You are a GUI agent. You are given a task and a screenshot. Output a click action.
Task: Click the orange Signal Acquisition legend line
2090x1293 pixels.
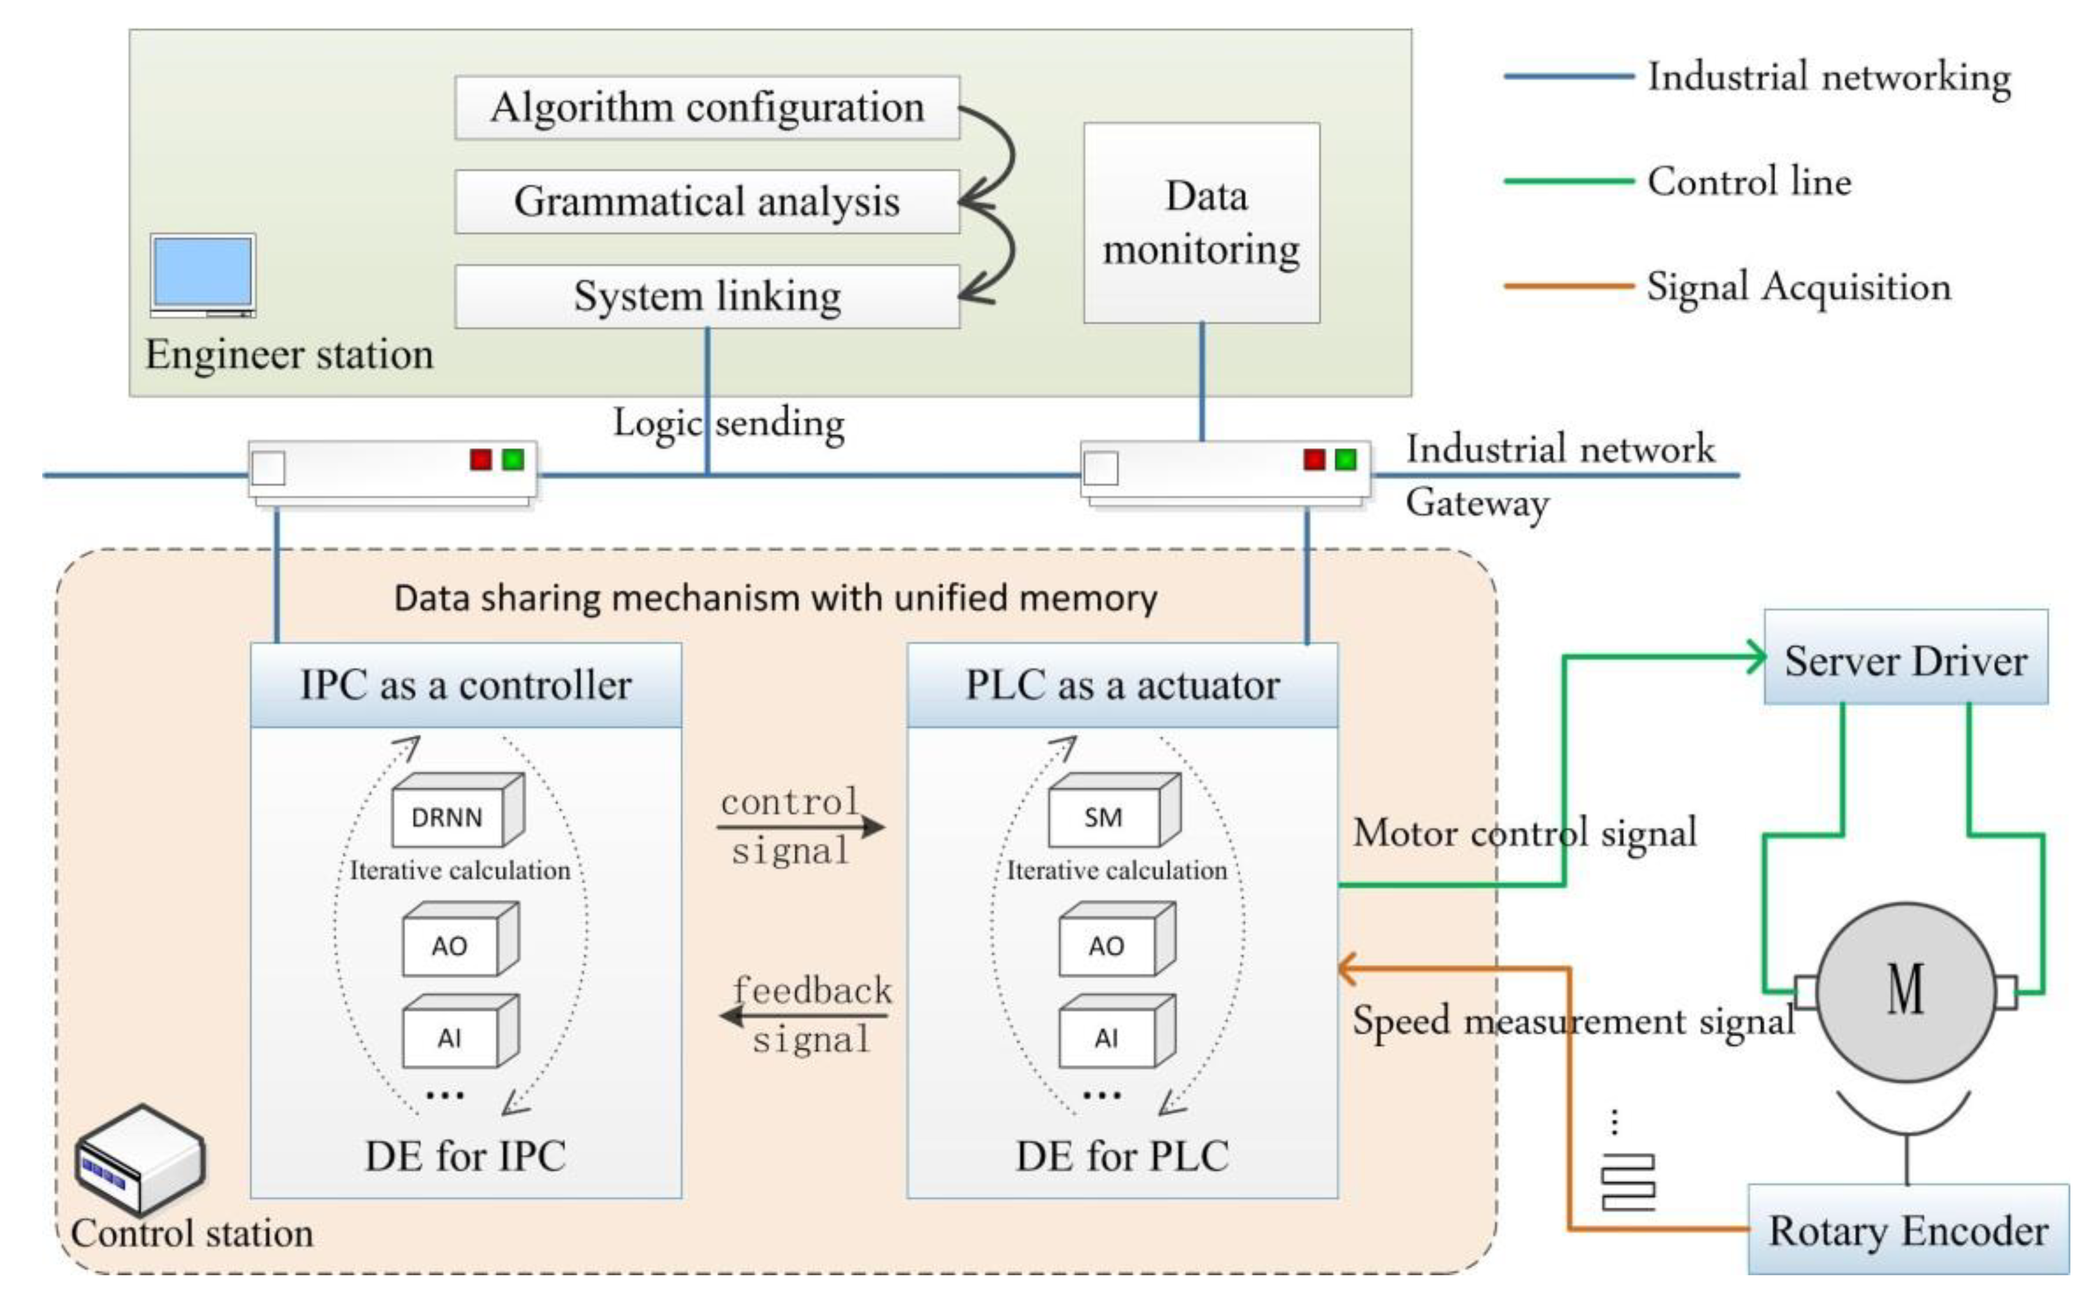1568,286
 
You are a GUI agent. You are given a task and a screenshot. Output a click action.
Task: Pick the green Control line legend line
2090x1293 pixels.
1568,181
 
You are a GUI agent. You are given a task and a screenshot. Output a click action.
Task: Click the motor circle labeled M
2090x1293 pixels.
1905,991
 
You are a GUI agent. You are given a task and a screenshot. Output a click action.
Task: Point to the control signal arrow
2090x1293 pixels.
800,827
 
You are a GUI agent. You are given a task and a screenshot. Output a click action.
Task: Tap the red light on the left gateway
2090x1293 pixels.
481,460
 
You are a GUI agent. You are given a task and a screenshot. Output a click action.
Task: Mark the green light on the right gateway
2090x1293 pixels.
1345,460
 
